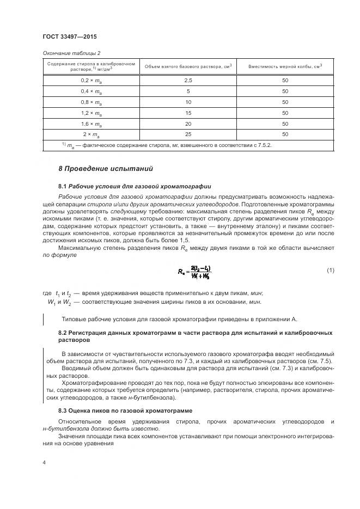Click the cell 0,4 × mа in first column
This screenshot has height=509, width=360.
(x=91, y=91)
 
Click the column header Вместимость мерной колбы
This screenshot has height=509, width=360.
(x=285, y=66)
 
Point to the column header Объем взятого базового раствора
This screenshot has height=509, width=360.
(x=188, y=66)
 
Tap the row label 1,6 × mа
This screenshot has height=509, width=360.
(x=91, y=124)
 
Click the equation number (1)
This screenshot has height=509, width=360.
(x=330, y=271)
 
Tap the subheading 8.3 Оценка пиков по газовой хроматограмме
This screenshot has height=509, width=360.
(x=125, y=410)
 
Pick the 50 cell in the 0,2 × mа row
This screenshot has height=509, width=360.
(x=285, y=81)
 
